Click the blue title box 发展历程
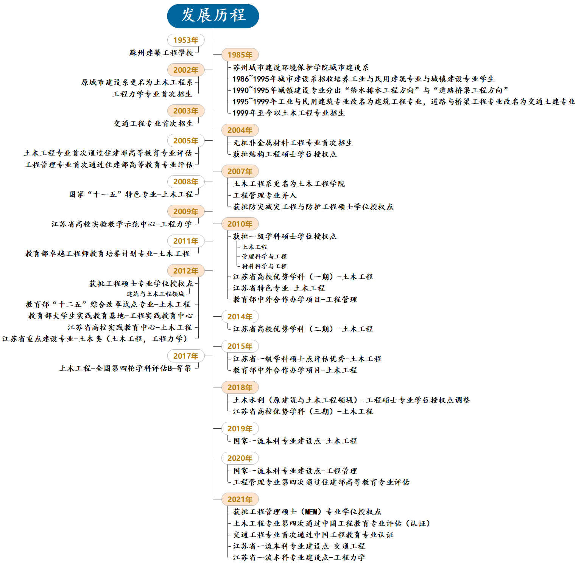click(x=213, y=16)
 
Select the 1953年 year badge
click(x=185, y=40)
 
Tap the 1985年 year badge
click(x=240, y=55)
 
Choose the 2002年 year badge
click(x=185, y=70)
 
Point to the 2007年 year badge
click(x=240, y=171)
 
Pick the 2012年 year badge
click(x=185, y=271)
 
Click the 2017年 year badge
click(x=185, y=356)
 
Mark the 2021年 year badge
click(x=240, y=499)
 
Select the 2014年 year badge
click(x=240, y=317)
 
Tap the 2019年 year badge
click(x=240, y=429)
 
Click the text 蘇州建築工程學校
click(x=161, y=53)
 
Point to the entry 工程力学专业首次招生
click(x=152, y=94)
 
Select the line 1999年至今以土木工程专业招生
click(x=289, y=113)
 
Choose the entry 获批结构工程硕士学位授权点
click(x=285, y=154)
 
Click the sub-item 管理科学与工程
click(x=264, y=257)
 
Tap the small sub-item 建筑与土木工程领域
click(x=155, y=294)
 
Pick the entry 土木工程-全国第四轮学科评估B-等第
click(x=125, y=368)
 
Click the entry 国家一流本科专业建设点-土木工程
click(x=295, y=441)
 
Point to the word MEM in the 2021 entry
click(x=311, y=512)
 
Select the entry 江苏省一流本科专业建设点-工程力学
click(x=299, y=557)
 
